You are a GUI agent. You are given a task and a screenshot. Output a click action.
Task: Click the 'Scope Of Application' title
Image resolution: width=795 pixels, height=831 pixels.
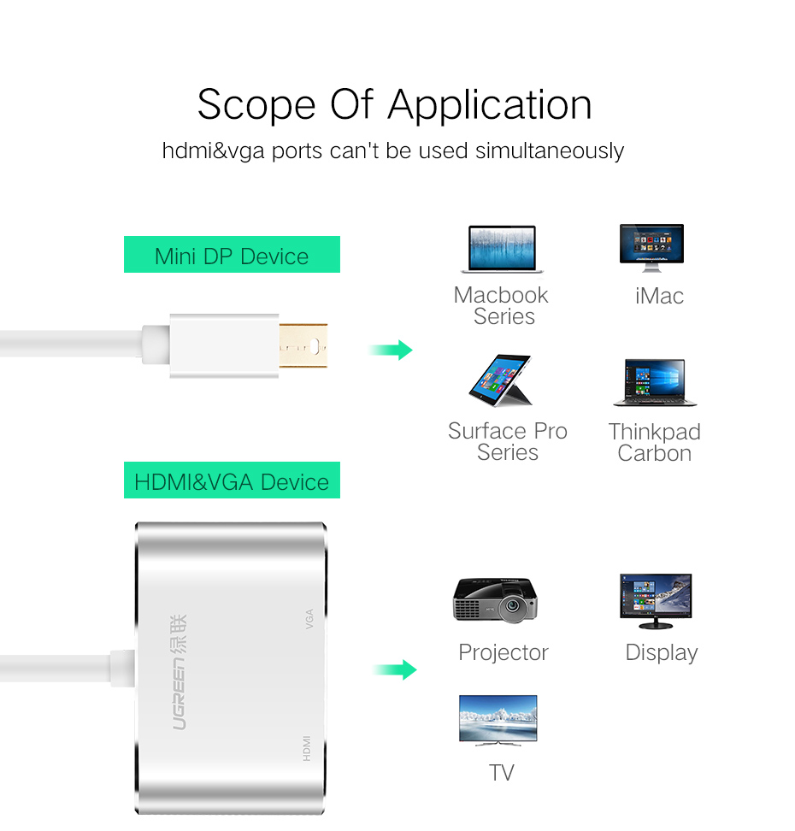[x=394, y=105]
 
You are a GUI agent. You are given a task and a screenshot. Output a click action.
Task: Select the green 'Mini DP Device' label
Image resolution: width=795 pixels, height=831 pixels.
[x=232, y=256]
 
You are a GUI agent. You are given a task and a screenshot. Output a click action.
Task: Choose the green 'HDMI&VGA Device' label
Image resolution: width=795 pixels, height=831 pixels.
[x=232, y=481]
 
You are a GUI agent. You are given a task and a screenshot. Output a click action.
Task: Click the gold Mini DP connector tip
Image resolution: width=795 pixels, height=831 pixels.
[x=303, y=346]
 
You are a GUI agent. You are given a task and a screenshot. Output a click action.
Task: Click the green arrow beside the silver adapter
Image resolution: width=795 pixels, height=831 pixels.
[x=394, y=669]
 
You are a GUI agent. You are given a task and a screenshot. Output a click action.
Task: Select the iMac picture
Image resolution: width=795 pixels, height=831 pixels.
[x=651, y=248]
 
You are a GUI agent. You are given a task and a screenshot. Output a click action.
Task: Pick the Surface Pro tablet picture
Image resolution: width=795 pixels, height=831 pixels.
[x=502, y=380]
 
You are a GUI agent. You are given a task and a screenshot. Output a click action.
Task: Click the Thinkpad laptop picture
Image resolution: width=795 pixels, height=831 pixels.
[x=654, y=383]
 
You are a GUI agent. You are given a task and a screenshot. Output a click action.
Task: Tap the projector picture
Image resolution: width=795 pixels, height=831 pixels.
[x=495, y=599]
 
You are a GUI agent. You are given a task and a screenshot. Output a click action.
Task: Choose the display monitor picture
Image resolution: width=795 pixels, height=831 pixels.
[x=656, y=600]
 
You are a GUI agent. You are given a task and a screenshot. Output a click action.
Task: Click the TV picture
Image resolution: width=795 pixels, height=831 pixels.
[x=498, y=720]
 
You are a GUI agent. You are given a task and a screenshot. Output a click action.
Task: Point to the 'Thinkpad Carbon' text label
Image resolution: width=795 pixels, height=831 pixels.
[x=655, y=442]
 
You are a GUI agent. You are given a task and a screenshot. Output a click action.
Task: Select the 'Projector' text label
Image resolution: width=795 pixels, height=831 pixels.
[x=503, y=652]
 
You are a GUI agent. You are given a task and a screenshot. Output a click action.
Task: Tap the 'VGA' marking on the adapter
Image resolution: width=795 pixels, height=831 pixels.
[x=309, y=618]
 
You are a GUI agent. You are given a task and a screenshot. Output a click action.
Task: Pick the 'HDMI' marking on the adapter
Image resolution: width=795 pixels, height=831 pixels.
[x=306, y=749]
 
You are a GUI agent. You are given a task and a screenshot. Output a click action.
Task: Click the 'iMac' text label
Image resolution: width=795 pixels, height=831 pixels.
[x=659, y=296]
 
